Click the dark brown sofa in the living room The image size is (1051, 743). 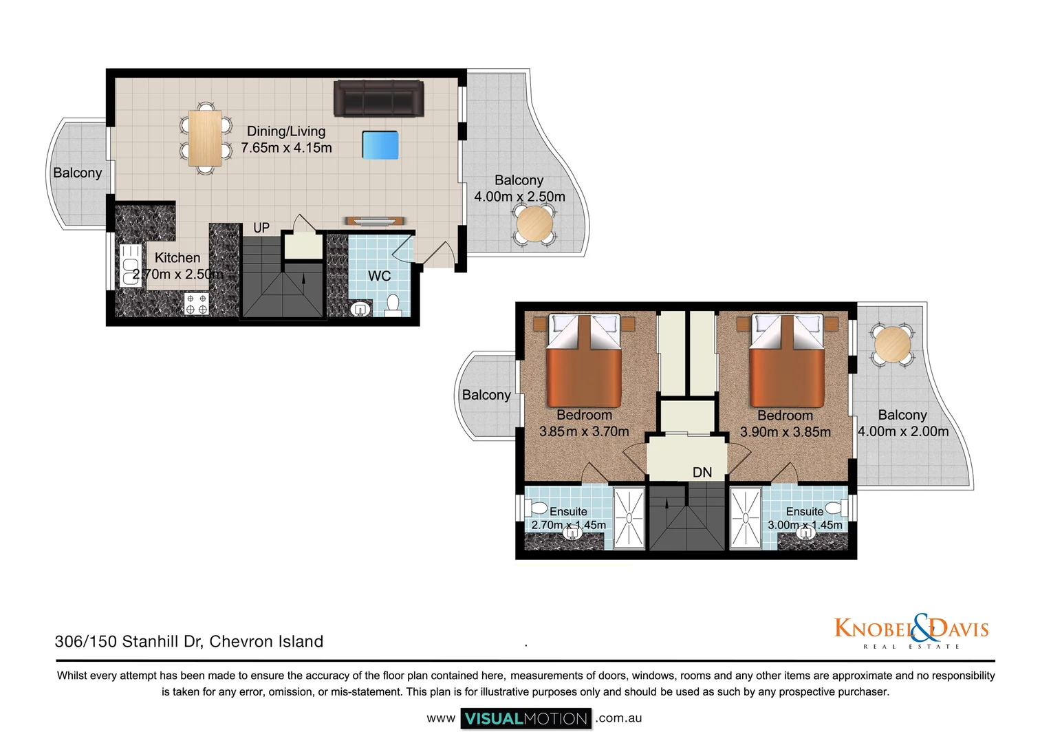(x=379, y=98)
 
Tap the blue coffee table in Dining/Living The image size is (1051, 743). (x=380, y=145)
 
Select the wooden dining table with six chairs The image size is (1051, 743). (x=206, y=138)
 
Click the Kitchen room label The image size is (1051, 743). (x=177, y=258)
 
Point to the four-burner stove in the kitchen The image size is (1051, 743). (x=196, y=304)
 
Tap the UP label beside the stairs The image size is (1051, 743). (x=261, y=228)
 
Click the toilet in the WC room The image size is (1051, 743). (x=393, y=305)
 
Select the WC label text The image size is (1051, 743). (x=379, y=277)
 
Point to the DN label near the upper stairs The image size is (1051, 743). (x=702, y=473)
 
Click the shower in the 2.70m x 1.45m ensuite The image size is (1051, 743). (x=629, y=518)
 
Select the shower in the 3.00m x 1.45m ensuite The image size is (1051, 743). (x=745, y=518)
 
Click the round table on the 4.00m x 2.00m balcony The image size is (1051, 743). (x=893, y=344)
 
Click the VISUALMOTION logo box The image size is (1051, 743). (x=526, y=719)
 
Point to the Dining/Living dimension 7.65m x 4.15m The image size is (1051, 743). (x=286, y=148)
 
